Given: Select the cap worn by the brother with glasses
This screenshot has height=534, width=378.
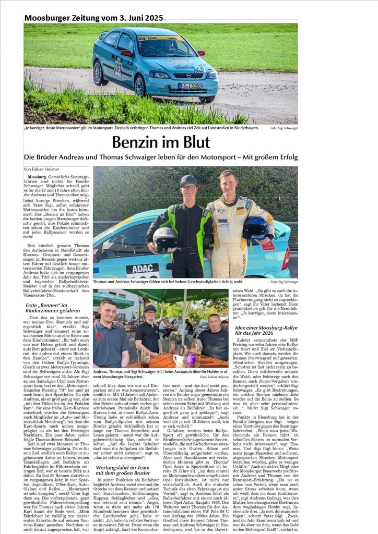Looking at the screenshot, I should click(x=188, y=180).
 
